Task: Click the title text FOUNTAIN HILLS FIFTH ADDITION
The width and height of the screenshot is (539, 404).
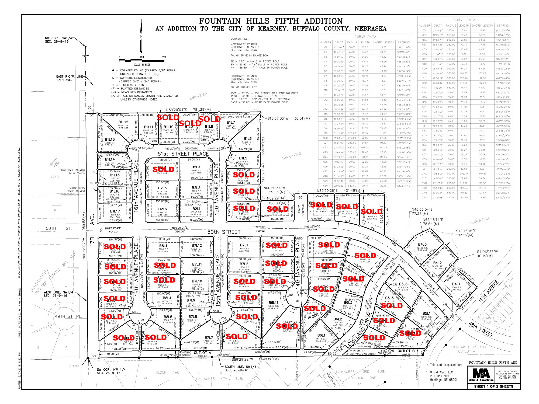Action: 271,21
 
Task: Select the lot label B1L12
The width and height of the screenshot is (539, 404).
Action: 123,122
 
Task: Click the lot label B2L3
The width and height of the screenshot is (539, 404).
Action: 196,167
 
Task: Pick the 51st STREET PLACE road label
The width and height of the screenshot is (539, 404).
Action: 183,154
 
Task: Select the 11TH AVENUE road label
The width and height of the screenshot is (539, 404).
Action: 489,291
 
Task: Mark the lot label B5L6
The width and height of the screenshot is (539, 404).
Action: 403,284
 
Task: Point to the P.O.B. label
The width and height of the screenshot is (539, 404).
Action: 75,366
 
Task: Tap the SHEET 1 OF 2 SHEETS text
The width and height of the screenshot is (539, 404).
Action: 494,386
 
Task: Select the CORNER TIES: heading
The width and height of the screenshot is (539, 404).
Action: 239,39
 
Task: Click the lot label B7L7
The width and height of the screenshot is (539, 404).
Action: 209,337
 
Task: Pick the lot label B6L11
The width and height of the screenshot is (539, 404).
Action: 273,302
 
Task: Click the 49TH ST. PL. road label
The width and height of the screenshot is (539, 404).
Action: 68,316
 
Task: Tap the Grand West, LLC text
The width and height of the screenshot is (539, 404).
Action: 441,372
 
